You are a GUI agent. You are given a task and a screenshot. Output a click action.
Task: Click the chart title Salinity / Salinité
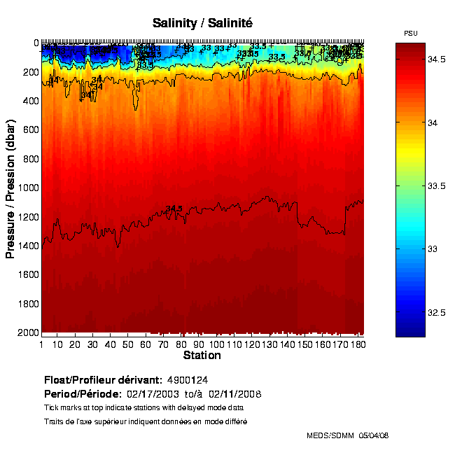coord(202,24)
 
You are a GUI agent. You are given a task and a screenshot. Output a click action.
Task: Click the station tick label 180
coord(358,344)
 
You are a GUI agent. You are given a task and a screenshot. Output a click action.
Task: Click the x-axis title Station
coord(202,356)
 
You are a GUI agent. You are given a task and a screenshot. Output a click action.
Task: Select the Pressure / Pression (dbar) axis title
coord(10,187)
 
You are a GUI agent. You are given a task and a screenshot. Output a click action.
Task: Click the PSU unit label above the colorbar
coord(411,34)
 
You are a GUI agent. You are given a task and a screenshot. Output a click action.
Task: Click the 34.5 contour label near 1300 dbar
coord(174,209)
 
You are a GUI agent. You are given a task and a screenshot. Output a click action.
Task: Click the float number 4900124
coord(186,380)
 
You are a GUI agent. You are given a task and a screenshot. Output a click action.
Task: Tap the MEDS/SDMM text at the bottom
coord(330,435)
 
